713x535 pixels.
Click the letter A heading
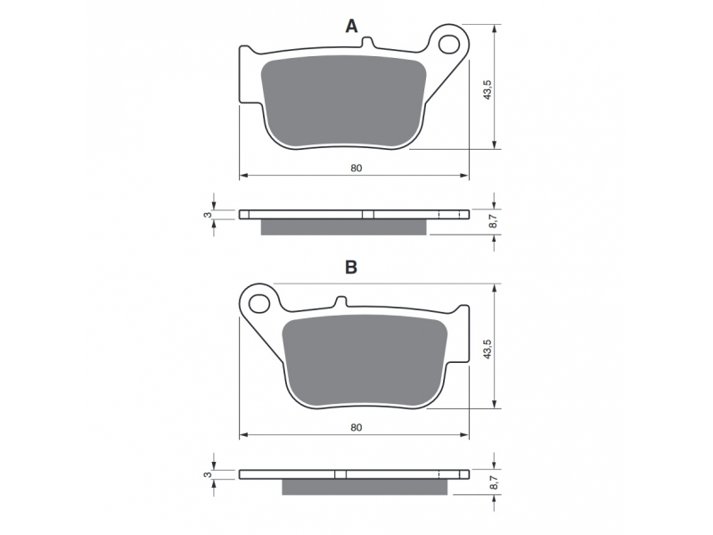(351, 27)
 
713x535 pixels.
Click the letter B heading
(351, 267)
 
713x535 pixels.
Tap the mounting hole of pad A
(449, 44)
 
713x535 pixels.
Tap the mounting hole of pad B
(259, 303)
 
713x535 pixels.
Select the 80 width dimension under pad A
(356, 168)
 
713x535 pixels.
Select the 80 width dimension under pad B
(356, 427)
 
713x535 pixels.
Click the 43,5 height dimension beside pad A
(488, 90)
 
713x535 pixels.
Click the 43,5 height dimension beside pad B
(488, 349)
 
